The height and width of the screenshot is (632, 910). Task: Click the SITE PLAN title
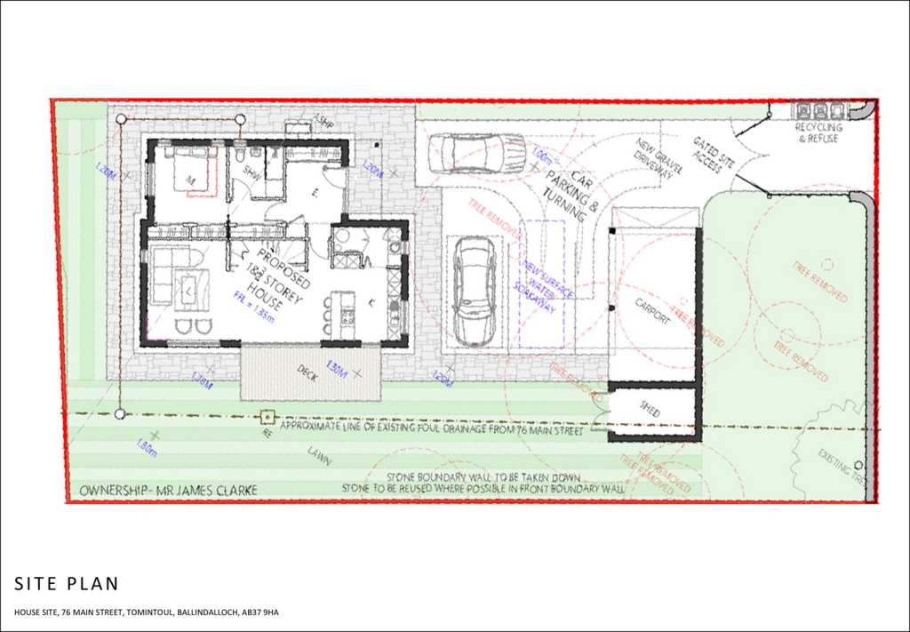pos(66,583)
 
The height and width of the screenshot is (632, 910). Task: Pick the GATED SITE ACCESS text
pos(709,156)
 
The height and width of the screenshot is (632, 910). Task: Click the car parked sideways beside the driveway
pos(476,153)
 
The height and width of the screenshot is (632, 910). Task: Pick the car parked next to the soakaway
pos(474,290)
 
